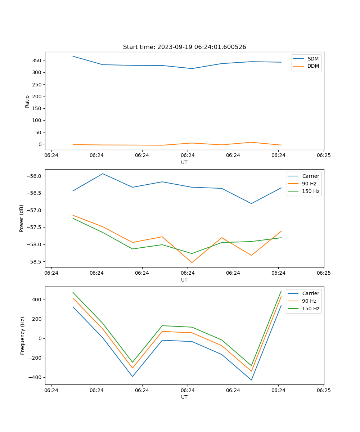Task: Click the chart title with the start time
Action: click(x=184, y=47)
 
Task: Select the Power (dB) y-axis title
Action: click(x=22, y=218)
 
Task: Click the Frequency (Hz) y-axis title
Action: click(x=22, y=336)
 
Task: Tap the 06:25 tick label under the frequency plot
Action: click(x=323, y=390)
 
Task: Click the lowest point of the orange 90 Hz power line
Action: click(x=192, y=262)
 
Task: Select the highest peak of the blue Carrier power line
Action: click(x=103, y=174)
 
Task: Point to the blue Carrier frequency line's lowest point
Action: click(x=251, y=380)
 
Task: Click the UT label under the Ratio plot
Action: click(x=184, y=162)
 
